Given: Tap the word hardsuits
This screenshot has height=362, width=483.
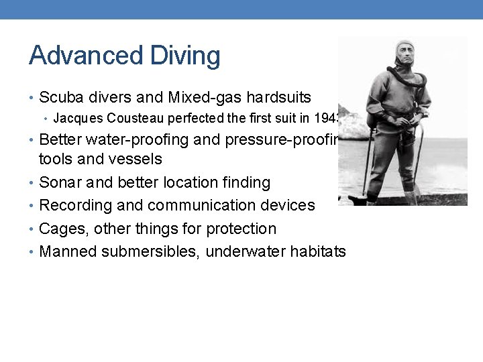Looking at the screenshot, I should click(277, 98).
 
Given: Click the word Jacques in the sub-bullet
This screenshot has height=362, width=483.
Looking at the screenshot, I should click(75, 119).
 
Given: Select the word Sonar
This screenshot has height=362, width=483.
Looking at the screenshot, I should click(60, 182).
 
